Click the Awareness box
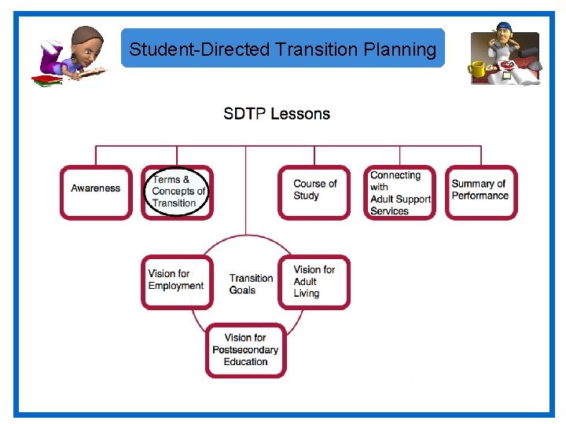click(x=96, y=192)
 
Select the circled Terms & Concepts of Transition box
click(x=177, y=192)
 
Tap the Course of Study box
click(x=314, y=192)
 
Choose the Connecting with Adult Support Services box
click(x=399, y=192)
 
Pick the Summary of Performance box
click(x=481, y=192)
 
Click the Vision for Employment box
click(x=176, y=281)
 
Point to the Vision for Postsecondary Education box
click(x=245, y=350)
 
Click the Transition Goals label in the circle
click(x=251, y=283)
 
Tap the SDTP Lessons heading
click(x=277, y=114)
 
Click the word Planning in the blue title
click(x=400, y=49)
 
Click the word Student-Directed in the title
click(x=200, y=49)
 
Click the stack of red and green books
click(x=46, y=79)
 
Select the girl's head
click(x=87, y=44)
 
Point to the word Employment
click(x=176, y=286)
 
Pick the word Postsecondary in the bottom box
click(x=245, y=350)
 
